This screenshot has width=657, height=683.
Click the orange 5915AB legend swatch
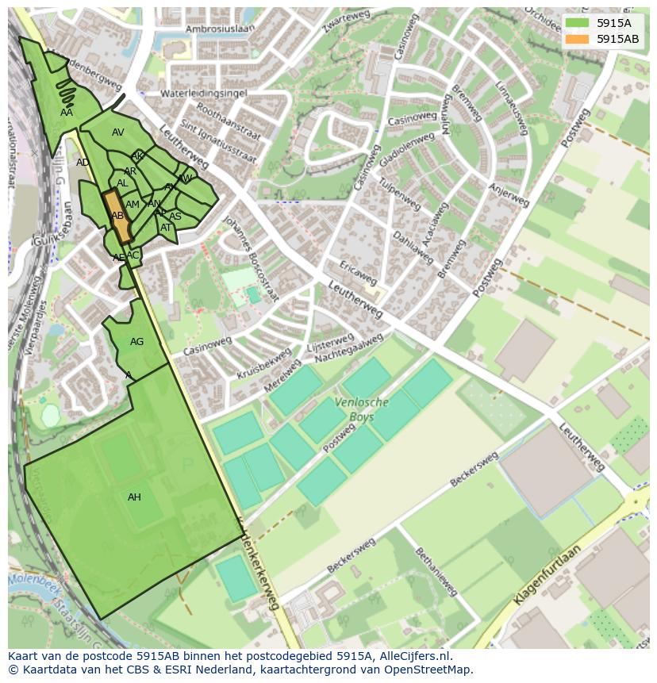(578, 39)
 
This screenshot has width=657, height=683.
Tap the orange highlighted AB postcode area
(118, 216)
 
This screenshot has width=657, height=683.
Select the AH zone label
(134, 497)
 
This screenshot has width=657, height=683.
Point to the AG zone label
(136, 342)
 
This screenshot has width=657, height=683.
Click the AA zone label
(67, 113)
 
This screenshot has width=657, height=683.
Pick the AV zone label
(117, 132)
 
